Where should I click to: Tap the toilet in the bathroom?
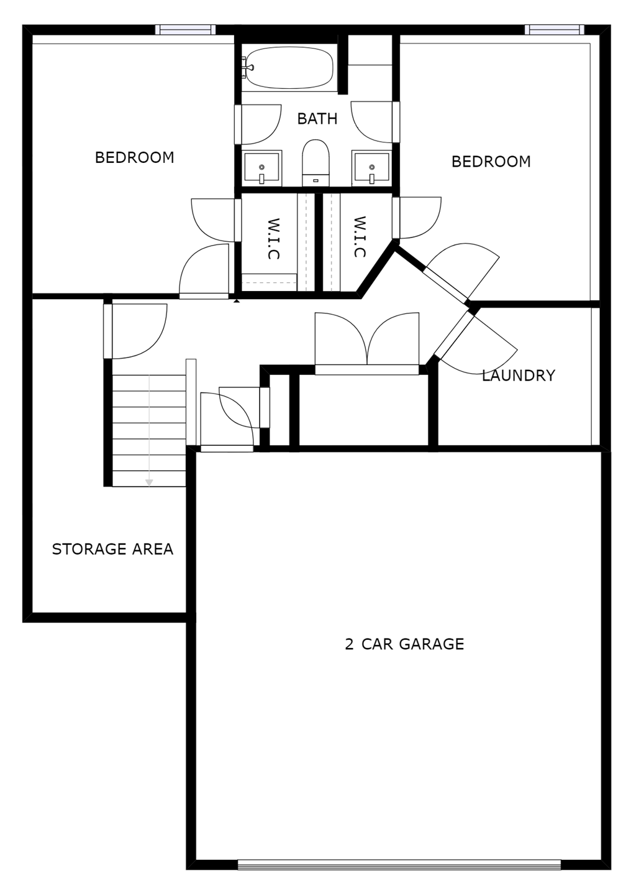click(x=316, y=160)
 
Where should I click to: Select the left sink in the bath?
click(x=261, y=168)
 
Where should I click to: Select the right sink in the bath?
click(x=371, y=168)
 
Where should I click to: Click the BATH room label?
click(x=317, y=118)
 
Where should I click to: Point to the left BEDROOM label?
click(x=134, y=157)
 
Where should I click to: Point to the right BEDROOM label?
click(x=491, y=162)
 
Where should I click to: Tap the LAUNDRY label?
click(x=518, y=376)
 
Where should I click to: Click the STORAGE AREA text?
click(x=112, y=549)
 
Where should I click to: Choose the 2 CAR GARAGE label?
click(x=404, y=644)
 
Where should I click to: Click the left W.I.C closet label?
click(x=273, y=238)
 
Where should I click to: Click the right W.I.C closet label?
click(x=359, y=237)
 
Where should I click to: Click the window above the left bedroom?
click(x=185, y=29)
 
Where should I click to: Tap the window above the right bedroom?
click(x=554, y=29)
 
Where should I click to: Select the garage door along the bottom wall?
click(x=399, y=864)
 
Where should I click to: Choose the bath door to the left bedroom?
click(x=258, y=124)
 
